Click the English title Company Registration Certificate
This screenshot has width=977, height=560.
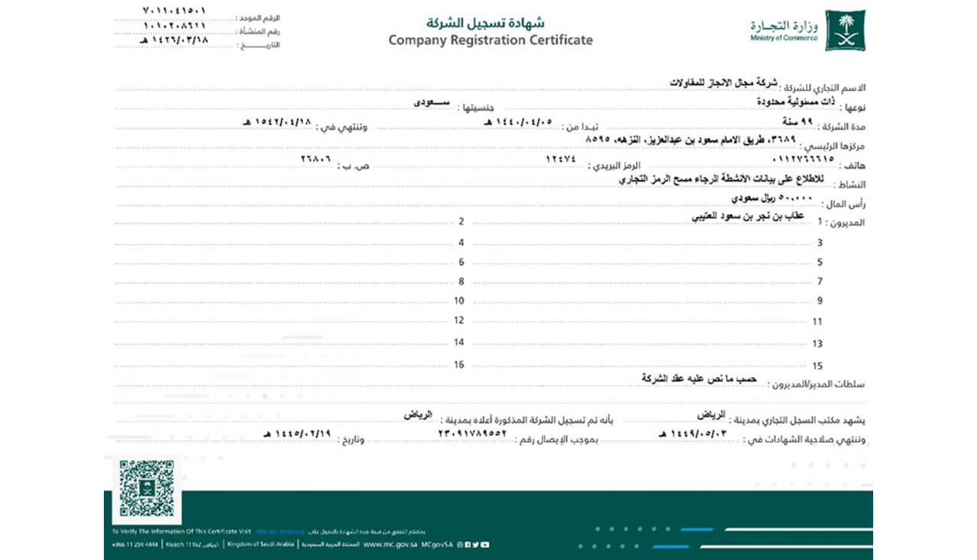click(x=490, y=40)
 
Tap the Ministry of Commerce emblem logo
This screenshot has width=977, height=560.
click(x=845, y=31)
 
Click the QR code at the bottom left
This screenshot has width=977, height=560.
click(x=147, y=488)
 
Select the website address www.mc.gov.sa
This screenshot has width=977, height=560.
click(x=390, y=545)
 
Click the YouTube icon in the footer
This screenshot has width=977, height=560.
click(x=485, y=545)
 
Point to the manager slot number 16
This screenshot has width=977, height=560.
click(x=459, y=364)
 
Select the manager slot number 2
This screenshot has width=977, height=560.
click(x=461, y=222)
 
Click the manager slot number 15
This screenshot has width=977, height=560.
click(x=818, y=366)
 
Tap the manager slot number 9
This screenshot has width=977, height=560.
click(x=819, y=301)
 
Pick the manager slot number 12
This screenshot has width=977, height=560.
click(x=459, y=321)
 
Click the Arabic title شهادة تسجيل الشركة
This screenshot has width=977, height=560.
click(x=490, y=22)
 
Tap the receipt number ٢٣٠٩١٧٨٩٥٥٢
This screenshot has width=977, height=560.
click(x=472, y=433)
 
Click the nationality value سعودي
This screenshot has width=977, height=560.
click(x=432, y=102)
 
